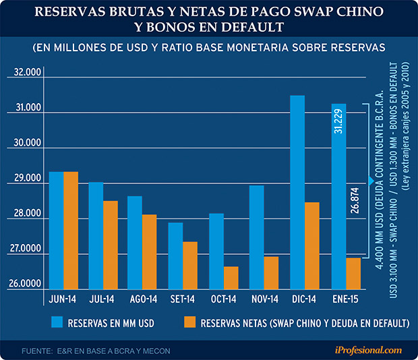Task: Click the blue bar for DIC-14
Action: [297, 192]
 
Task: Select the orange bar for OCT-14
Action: [230, 277]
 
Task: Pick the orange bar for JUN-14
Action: [71, 230]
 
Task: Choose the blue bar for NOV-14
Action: [256, 237]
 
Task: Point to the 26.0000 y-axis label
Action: [23, 286]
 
